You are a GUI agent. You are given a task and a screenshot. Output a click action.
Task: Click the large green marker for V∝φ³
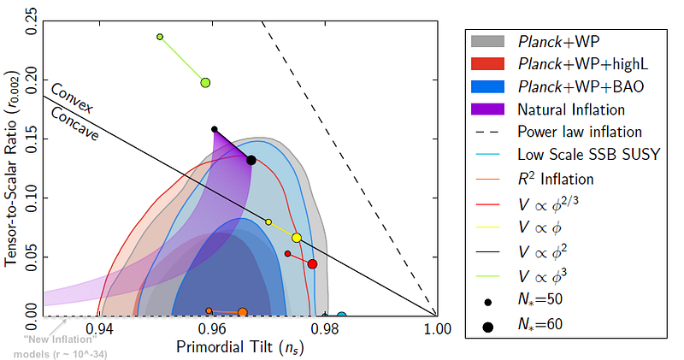coord(205,83)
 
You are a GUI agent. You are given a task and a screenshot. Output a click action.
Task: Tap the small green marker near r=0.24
coord(160,37)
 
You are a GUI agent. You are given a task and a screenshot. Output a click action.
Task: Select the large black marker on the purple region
coord(251,160)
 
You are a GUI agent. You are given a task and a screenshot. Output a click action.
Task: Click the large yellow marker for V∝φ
coord(297,238)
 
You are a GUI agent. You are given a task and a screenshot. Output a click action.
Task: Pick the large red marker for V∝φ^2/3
coord(313,264)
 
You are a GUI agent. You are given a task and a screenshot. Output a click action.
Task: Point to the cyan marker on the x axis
coord(341,316)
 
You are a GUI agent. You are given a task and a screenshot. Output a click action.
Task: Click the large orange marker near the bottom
coord(243,312)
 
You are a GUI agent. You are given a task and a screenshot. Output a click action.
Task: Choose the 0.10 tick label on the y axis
coord(32,198)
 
